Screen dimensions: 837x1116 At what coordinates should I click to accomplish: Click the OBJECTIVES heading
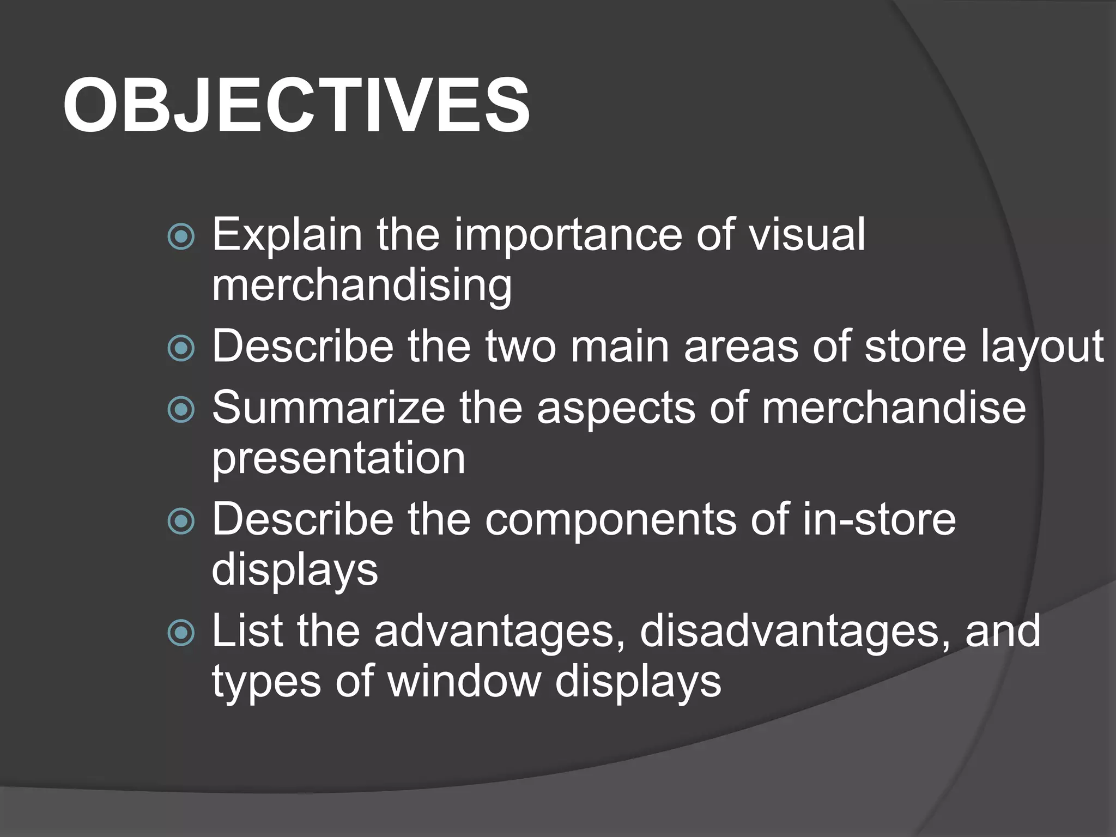[x=296, y=105]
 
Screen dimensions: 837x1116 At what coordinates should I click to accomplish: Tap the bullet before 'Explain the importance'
[x=181, y=236]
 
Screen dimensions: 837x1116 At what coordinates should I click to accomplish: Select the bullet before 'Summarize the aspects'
[x=181, y=410]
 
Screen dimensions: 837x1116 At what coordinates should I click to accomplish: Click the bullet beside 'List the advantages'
[x=181, y=633]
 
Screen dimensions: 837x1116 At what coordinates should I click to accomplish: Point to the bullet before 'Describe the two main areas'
[x=181, y=348]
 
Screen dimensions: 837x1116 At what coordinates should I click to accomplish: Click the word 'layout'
[x=1042, y=347]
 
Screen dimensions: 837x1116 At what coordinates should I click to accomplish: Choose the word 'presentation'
[x=338, y=459]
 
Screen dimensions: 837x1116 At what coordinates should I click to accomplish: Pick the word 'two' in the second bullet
[x=521, y=347]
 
